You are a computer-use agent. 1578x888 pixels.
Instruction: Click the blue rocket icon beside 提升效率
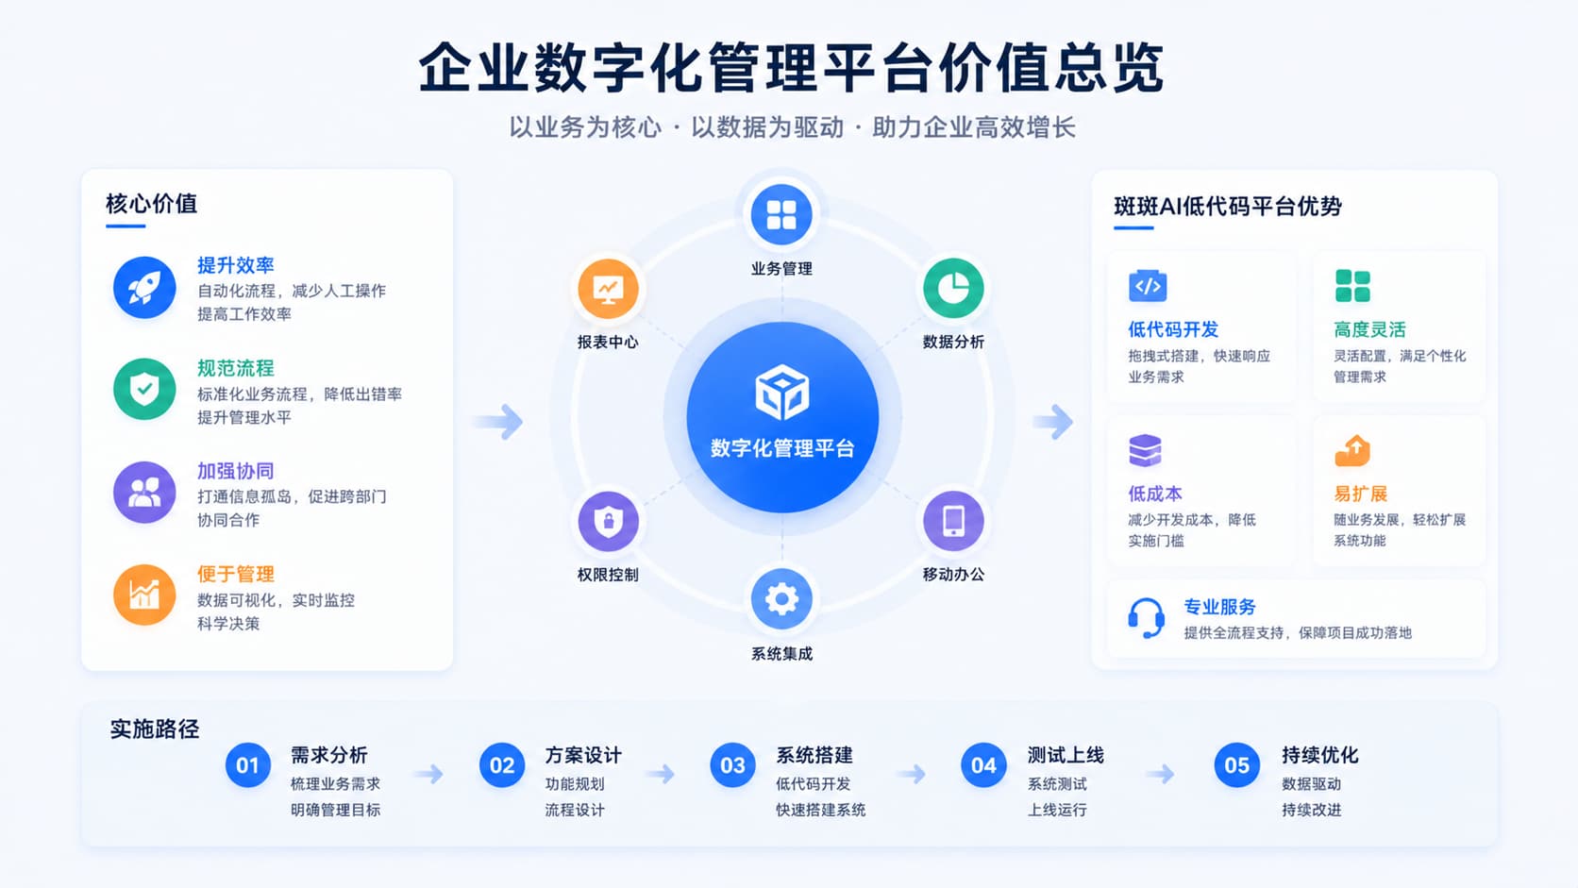click(144, 287)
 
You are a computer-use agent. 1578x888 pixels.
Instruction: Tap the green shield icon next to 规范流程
click(144, 389)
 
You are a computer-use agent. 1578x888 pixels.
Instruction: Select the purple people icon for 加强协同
click(144, 493)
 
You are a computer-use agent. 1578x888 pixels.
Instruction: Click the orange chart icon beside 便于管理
click(144, 595)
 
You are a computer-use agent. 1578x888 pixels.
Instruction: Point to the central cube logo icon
click(782, 392)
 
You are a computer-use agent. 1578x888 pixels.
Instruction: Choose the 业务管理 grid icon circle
click(781, 215)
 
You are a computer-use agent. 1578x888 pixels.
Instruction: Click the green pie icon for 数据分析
click(954, 288)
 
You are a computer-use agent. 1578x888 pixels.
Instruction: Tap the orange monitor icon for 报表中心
click(608, 288)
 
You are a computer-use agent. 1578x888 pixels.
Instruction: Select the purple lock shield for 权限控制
click(608, 521)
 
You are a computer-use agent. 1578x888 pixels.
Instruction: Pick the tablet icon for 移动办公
click(954, 521)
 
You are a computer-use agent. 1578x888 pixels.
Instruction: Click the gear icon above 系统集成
click(781, 599)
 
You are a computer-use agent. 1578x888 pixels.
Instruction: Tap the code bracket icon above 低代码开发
click(1148, 285)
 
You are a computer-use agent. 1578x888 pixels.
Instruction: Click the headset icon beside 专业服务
click(1146, 618)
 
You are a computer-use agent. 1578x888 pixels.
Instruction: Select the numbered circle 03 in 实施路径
click(732, 765)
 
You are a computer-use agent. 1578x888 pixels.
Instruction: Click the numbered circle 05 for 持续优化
click(1237, 765)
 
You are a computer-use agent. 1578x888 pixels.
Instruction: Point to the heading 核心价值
click(151, 204)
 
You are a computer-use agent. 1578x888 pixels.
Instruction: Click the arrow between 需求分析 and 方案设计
click(429, 774)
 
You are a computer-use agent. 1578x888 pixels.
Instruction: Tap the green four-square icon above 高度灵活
click(1352, 286)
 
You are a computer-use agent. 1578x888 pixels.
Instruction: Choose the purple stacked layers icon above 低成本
click(1146, 450)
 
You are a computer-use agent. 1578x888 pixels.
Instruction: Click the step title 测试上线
click(1066, 756)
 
